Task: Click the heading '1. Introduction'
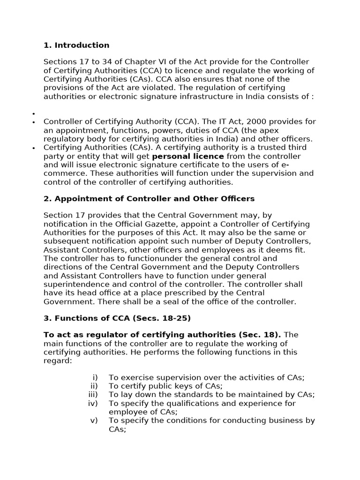pyautogui.click(x=76, y=45)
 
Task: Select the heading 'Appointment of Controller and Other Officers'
pyautogui.click(x=154, y=199)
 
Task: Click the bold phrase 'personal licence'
pyautogui.click(x=187, y=156)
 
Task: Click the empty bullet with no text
pyautogui.click(x=34, y=113)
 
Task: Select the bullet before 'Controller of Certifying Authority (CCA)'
pyautogui.click(x=34, y=122)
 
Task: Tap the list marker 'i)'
pyautogui.click(x=95, y=377)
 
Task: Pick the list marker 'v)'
pyautogui.click(x=94, y=420)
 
